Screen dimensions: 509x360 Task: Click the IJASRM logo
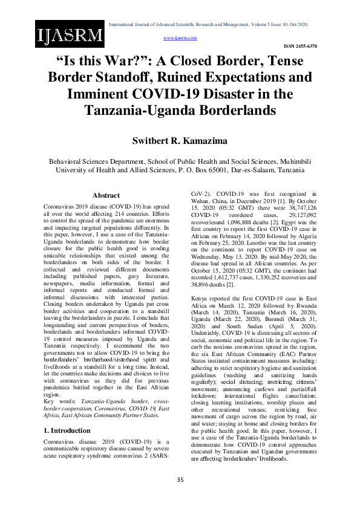pos(69,34)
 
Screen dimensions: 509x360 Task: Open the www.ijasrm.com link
pos(180,37)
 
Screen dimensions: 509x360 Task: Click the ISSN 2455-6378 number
pos(301,46)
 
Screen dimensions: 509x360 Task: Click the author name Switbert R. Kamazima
pos(180,140)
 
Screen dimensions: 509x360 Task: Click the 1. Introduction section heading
pos(67,413)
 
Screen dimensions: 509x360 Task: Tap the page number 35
pos(180,479)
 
